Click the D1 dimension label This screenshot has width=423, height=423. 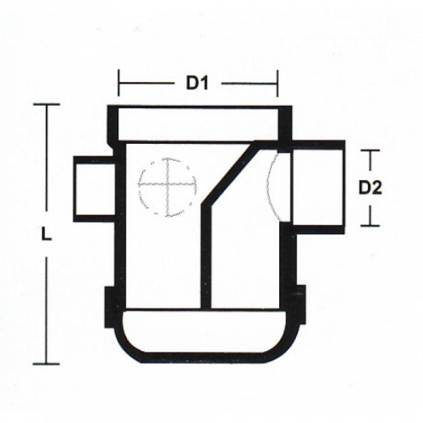pyautogui.click(x=196, y=83)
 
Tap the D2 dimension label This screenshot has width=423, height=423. pyautogui.click(x=370, y=188)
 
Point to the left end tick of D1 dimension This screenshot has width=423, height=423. pyautogui.click(x=118, y=83)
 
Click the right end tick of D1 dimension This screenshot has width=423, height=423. pyautogui.click(x=277, y=83)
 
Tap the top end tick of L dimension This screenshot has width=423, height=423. pyautogui.click(x=46, y=105)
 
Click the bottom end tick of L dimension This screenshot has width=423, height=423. pyautogui.click(x=46, y=364)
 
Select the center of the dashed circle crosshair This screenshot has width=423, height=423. pyautogui.click(x=167, y=186)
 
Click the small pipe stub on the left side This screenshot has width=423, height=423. pyautogui.click(x=94, y=189)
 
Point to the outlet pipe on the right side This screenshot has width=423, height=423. pyautogui.click(x=317, y=186)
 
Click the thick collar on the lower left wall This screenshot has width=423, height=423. pyautogui.click(x=110, y=306)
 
